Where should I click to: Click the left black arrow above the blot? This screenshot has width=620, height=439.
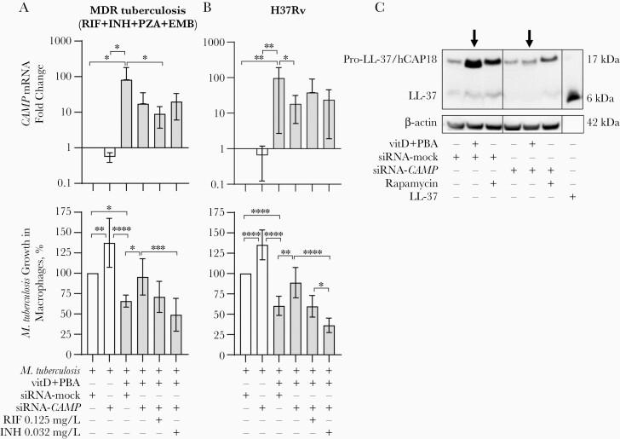[474, 37]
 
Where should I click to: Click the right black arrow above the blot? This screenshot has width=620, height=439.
[529, 37]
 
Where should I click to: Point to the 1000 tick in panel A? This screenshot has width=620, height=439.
[56, 41]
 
